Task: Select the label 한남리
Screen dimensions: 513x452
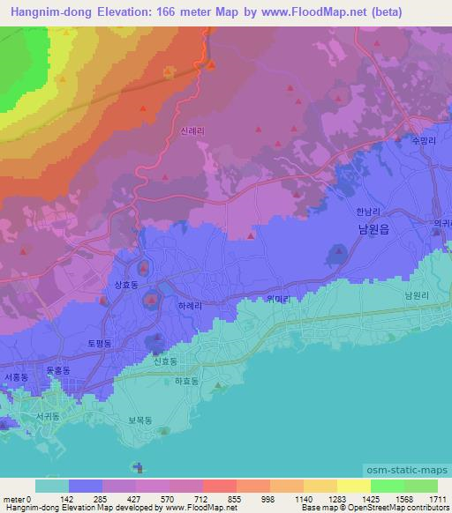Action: pyautogui.click(x=365, y=212)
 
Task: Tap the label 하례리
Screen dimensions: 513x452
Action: pyautogui.click(x=190, y=304)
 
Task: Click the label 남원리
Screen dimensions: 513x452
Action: pyautogui.click(x=416, y=296)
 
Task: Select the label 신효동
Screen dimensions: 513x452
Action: pyautogui.click(x=165, y=361)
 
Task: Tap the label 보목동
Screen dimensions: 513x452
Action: pyautogui.click(x=141, y=420)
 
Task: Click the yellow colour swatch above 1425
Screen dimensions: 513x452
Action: pyautogui.click(x=353, y=485)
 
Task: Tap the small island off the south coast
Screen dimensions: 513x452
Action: pyautogui.click(x=136, y=466)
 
